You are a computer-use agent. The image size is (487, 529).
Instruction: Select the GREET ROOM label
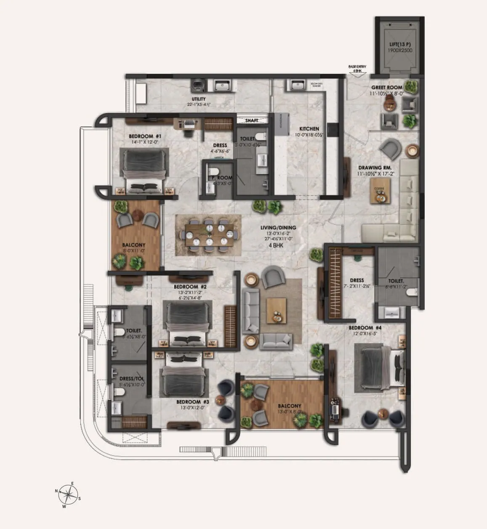[x=386, y=88]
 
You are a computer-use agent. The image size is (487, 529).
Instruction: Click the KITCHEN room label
[x=309, y=129]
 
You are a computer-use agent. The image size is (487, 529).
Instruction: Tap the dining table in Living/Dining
[x=209, y=234]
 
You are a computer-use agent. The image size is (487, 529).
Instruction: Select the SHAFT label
[x=251, y=121]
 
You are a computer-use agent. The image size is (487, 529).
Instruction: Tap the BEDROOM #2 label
[x=189, y=287]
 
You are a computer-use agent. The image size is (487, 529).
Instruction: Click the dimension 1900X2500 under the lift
[x=400, y=50]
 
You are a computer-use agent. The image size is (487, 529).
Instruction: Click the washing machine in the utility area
[x=197, y=85]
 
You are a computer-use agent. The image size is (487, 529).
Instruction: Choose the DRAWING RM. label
[x=370, y=167]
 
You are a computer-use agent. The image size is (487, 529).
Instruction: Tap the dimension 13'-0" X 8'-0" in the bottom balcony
[x=289, y=411]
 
